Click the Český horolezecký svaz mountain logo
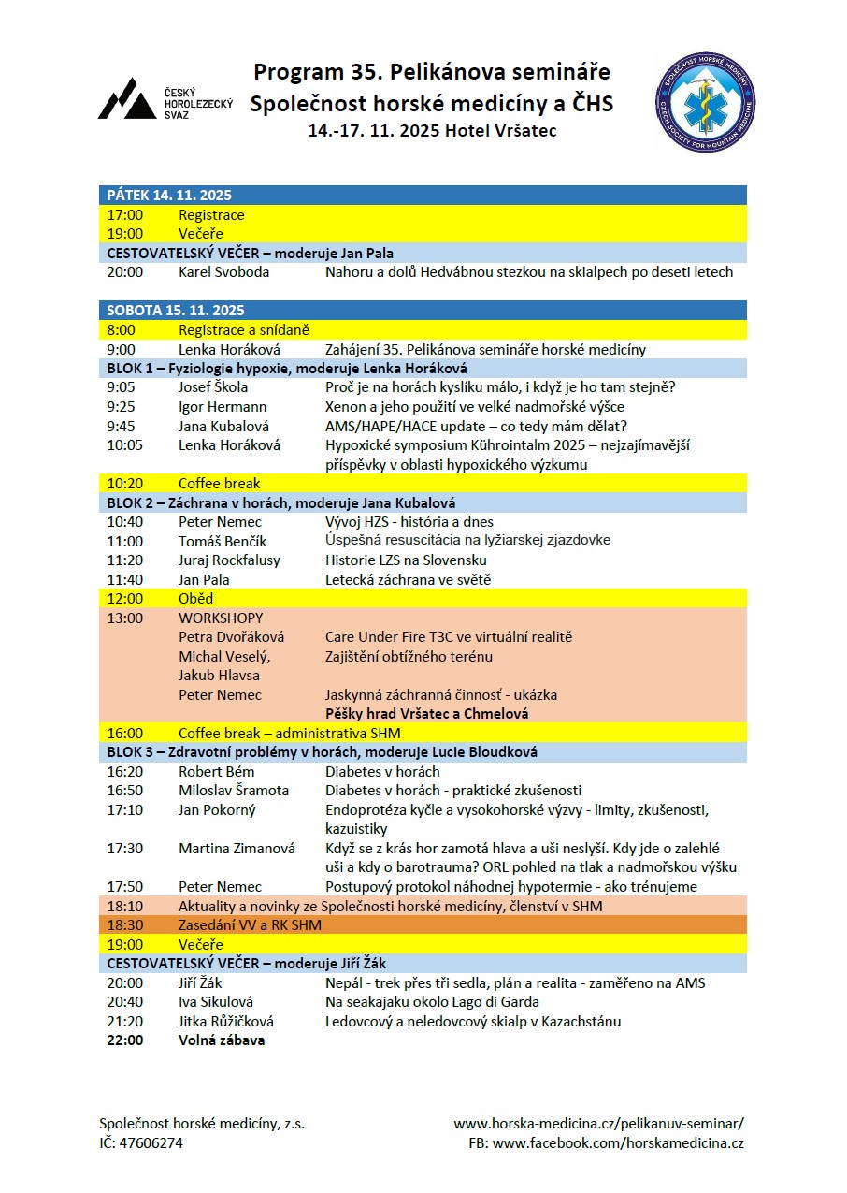tap(127, 99)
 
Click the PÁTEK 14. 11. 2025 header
tap(169, 196)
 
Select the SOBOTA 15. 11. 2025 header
tap(176, 311)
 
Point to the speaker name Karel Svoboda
tap(223, 272)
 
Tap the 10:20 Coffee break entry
tap(220, 484)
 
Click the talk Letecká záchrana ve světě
tap(408, 579)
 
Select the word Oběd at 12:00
tap(196, 599)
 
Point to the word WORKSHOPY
tap(221, 618)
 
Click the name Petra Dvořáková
tap(231, 637)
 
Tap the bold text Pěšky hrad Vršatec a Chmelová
tap(426, 714)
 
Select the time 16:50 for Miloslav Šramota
tap(125, 791)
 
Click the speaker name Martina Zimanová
tap(237, 849)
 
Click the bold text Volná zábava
tap(222, 1040)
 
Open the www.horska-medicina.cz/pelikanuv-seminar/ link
tap(598, 1124)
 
